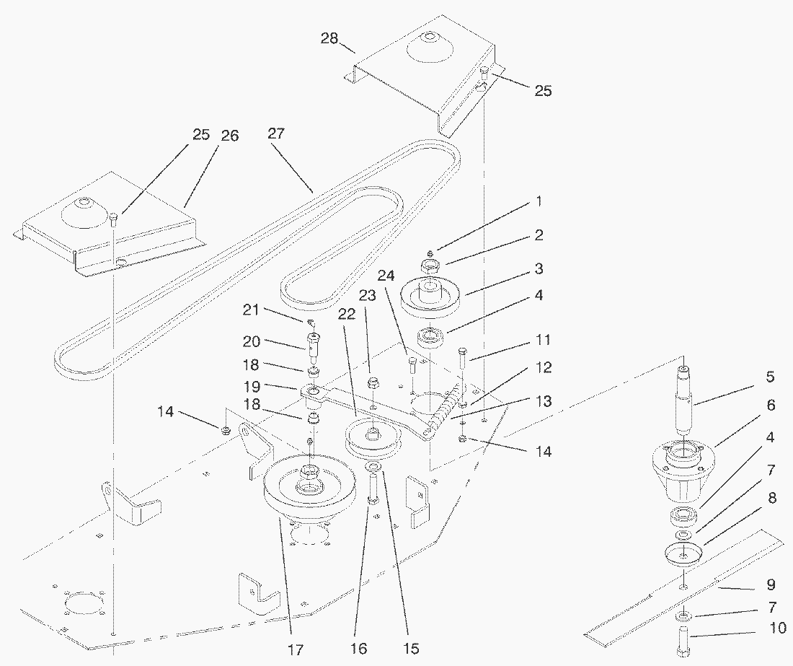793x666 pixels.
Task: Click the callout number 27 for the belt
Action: coord(275,133)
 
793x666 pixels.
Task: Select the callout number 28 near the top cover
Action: coord(329,38)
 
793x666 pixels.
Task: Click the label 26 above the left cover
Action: coord(229,135)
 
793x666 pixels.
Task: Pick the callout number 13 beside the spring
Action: coord(543,401)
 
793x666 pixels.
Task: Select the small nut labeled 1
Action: coord(430,253)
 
